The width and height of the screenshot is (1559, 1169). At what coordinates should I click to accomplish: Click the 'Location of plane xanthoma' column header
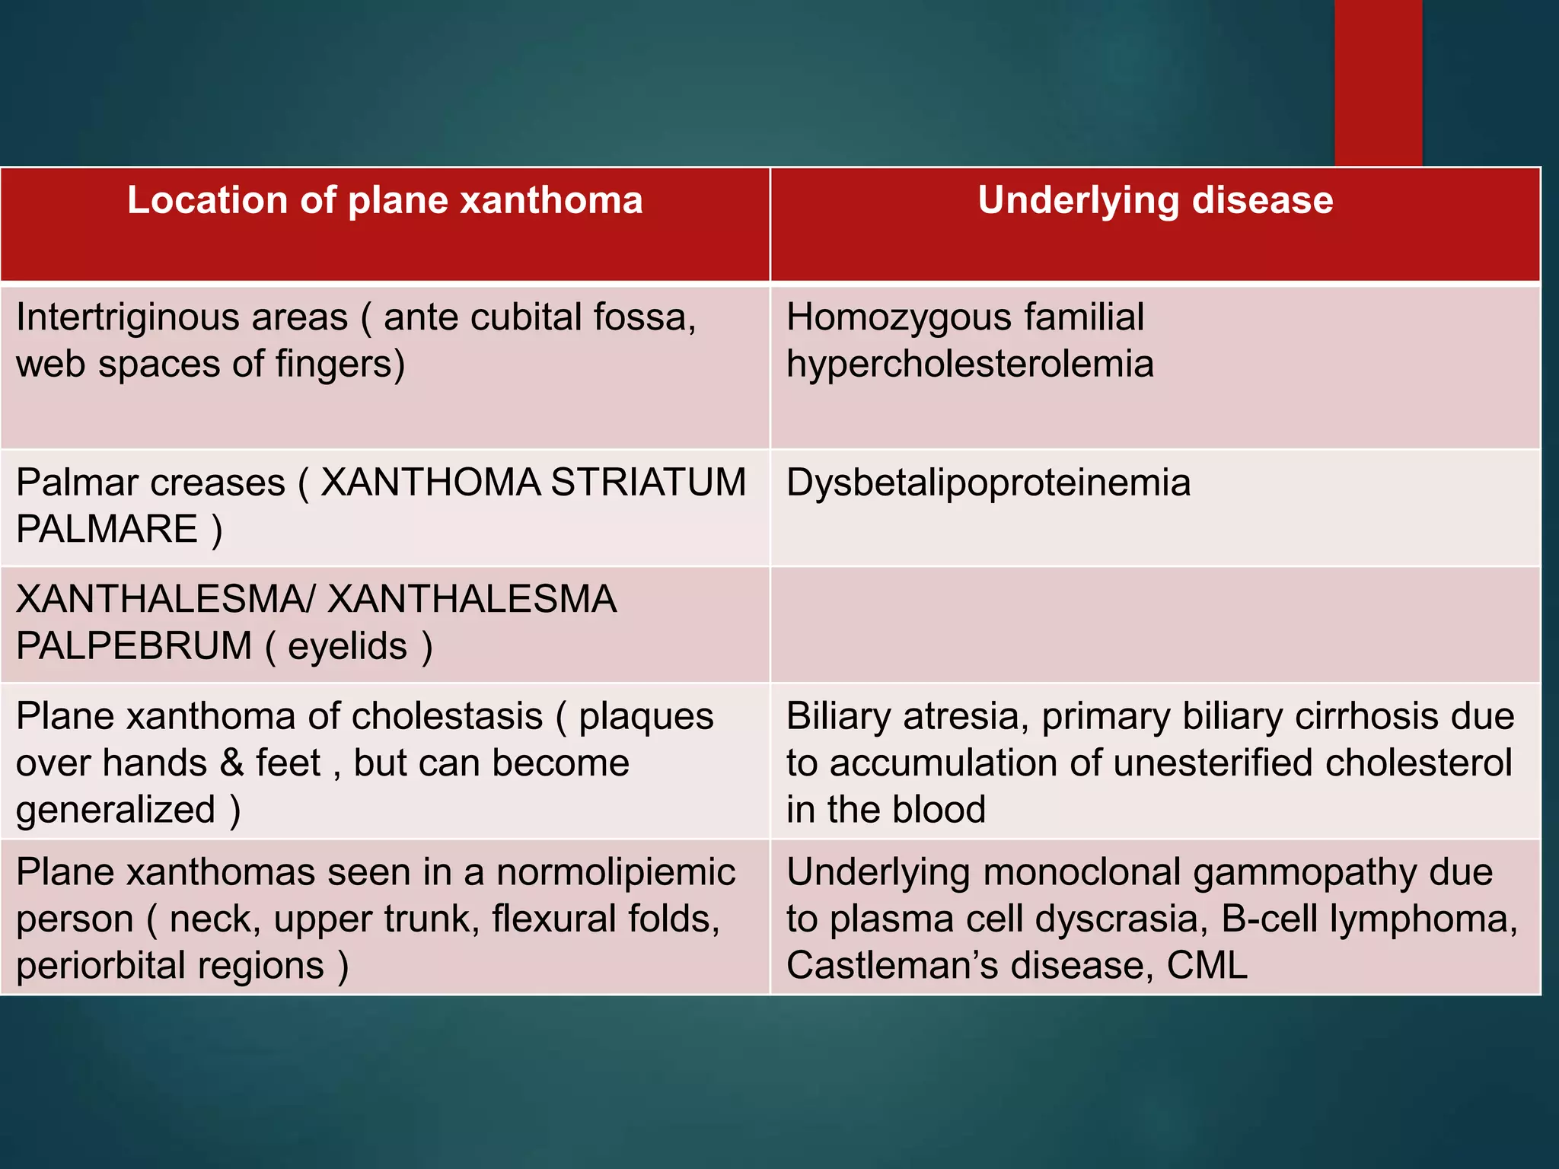[384, 201]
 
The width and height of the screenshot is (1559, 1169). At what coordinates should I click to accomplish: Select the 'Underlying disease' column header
[1155, 201]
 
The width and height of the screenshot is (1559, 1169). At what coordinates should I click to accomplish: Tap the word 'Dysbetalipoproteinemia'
[988, 483]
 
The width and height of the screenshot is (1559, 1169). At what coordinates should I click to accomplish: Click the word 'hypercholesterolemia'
[970, 364]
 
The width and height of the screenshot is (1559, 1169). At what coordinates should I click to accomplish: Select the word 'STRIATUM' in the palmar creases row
[648, 483]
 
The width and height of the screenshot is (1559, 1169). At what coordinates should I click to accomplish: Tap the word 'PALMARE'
[107, 529]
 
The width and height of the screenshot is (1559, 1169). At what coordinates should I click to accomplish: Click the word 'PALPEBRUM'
[134, 646]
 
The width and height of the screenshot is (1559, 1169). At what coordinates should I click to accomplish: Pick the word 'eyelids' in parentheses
[347, 646]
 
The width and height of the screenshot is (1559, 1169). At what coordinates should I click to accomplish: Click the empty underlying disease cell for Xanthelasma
[1155, 624]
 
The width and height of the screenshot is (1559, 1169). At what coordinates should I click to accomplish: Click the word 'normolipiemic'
[616, 872]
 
